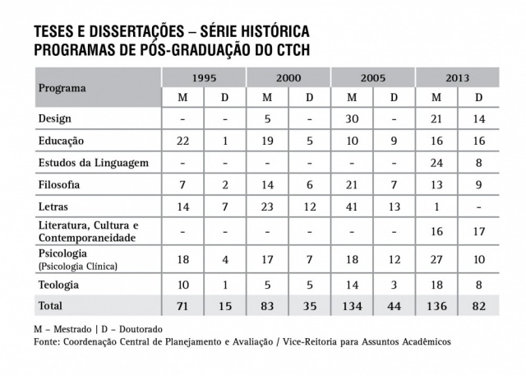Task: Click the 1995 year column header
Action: pyautogui.click(x=205, y=77)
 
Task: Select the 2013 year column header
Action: pyautogui.click(x=457, y=77)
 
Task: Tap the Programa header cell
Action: pyautogui.click(x=62, y=87)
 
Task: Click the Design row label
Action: pyautogui.click(x=55, y=119)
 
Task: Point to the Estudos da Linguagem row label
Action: pyautogui.click(x=94, y=163)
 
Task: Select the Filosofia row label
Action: pyautogui.click(x=61, y=185)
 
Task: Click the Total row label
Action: pyautogui.click(x=51, y=305)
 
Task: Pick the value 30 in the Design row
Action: pyautogui.click(x=352, y=119)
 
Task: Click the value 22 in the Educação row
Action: pyautogui.click(x=183, y=142)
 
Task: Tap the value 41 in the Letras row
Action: pyautogui.click(x=352, y=207)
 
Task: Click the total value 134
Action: pyautogui.click(x=351, y=306)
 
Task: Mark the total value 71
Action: pyautogui.click(x=183, y=306)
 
